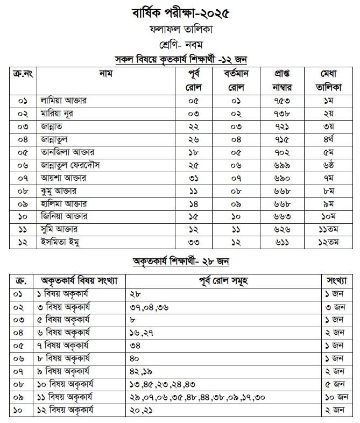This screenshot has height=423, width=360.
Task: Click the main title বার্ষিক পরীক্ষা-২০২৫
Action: pos(180,12)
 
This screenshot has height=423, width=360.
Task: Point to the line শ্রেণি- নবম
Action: pos(180,44)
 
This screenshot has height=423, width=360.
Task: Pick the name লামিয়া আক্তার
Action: pos(64,101)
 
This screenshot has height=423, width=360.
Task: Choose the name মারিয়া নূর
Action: pos(57,114)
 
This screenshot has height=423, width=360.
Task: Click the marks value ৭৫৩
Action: pos(279,101)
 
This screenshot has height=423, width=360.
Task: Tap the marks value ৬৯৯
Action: pos(279,165)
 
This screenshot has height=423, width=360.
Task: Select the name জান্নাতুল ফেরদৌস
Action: pos(74,165)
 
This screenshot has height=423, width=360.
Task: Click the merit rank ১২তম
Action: pos(327,242)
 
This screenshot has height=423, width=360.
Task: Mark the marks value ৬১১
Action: pos(279,242)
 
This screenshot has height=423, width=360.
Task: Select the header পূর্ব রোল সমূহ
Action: pos(223,281)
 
